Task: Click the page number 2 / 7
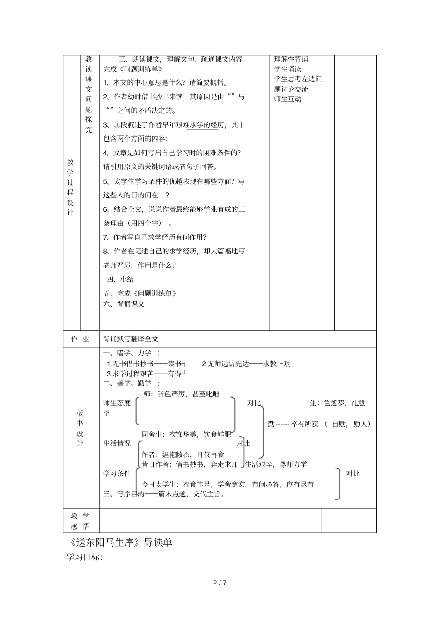coord(220,583)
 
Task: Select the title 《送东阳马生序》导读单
coord(119,542)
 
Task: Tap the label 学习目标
coord(84,557)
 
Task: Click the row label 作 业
coord(80,339)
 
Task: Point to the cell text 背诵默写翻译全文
coord(131,339)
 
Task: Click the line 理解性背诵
coord(291,59)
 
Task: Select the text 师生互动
coord(288,99)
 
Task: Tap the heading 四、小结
coord(120,279)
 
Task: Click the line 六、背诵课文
coord(124,304)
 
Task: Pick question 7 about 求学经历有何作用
coord(155,237)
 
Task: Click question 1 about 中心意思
coord(165,83)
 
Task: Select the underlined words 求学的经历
coord(202,125)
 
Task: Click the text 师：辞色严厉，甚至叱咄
coord(182,394)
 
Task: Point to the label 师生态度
coord(117,403)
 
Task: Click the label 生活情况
coord(117,443)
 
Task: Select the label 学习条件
coord(117,473)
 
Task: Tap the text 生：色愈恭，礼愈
coord(337,403)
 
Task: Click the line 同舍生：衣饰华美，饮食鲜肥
coord(186,434)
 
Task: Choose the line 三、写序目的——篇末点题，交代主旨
coord(164,494)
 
